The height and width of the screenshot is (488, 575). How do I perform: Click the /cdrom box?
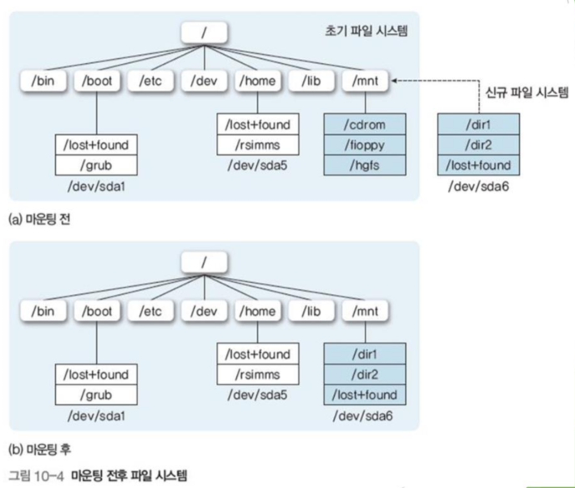point(366,125)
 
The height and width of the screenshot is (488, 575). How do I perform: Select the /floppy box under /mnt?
point(366,145)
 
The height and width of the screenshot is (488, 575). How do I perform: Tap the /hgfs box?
point(366,166)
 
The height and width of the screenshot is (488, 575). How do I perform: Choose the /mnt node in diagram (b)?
point(366,310)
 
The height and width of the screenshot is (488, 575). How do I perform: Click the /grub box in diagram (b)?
point(95,396)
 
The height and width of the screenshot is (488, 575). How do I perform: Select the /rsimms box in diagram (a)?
point(256,145)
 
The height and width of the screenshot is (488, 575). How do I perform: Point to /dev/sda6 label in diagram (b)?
point(366,414)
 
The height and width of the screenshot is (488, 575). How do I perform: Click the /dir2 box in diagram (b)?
point(366,375)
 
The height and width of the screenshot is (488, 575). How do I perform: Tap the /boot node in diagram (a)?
point(95,81)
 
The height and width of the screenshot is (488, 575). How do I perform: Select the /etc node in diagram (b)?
point(150,310)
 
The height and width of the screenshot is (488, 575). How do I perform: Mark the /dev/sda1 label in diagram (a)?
point(95,187)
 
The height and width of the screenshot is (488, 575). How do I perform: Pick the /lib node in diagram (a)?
point(312,81)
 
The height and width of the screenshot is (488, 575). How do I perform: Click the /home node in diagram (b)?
point(256,310)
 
